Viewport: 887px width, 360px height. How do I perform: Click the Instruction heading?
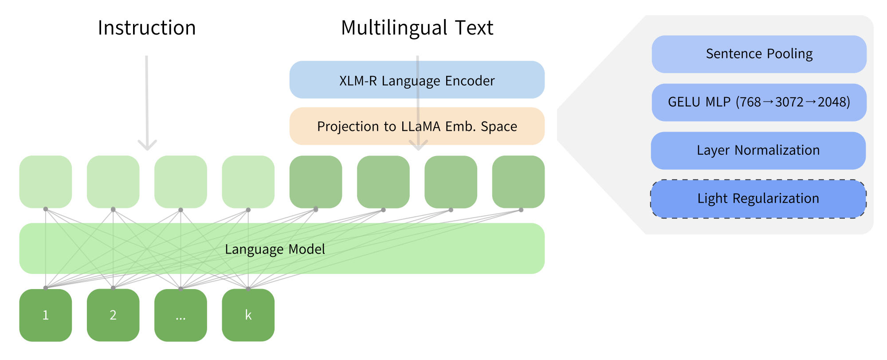(x=147, y=28)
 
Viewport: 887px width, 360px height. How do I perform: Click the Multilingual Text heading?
(x=417, y=28)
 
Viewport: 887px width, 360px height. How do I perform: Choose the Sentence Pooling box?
(x=759, y=54)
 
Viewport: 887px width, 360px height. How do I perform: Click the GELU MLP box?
(x=759, y=102)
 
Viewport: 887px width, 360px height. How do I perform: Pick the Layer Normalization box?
(x=758, y=150)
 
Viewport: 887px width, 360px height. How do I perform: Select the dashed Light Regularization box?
(x=758, y=199)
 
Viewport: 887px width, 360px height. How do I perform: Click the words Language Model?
(x=275, y=249)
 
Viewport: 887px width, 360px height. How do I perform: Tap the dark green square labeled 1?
(x=46, y=315)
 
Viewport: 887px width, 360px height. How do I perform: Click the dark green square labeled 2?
(x=113, y=315)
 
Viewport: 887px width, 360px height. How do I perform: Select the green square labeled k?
(x=248, y=315)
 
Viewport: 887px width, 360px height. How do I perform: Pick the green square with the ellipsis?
(x=181, y=315)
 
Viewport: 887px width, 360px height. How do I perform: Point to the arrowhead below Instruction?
(x=147, y=145)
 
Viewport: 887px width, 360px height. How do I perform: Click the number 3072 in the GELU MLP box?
(x=789, y=102)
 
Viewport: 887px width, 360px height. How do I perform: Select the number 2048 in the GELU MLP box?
(x=832, y=102)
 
